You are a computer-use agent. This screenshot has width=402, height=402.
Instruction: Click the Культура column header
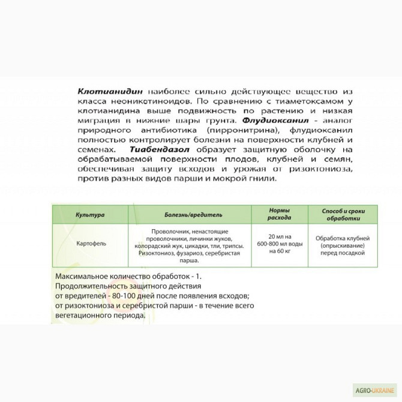click(x=89, y=214)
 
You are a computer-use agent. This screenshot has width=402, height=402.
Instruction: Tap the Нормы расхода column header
click(x=278, y=214)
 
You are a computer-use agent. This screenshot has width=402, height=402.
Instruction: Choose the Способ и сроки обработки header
click(x=343, y=214)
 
